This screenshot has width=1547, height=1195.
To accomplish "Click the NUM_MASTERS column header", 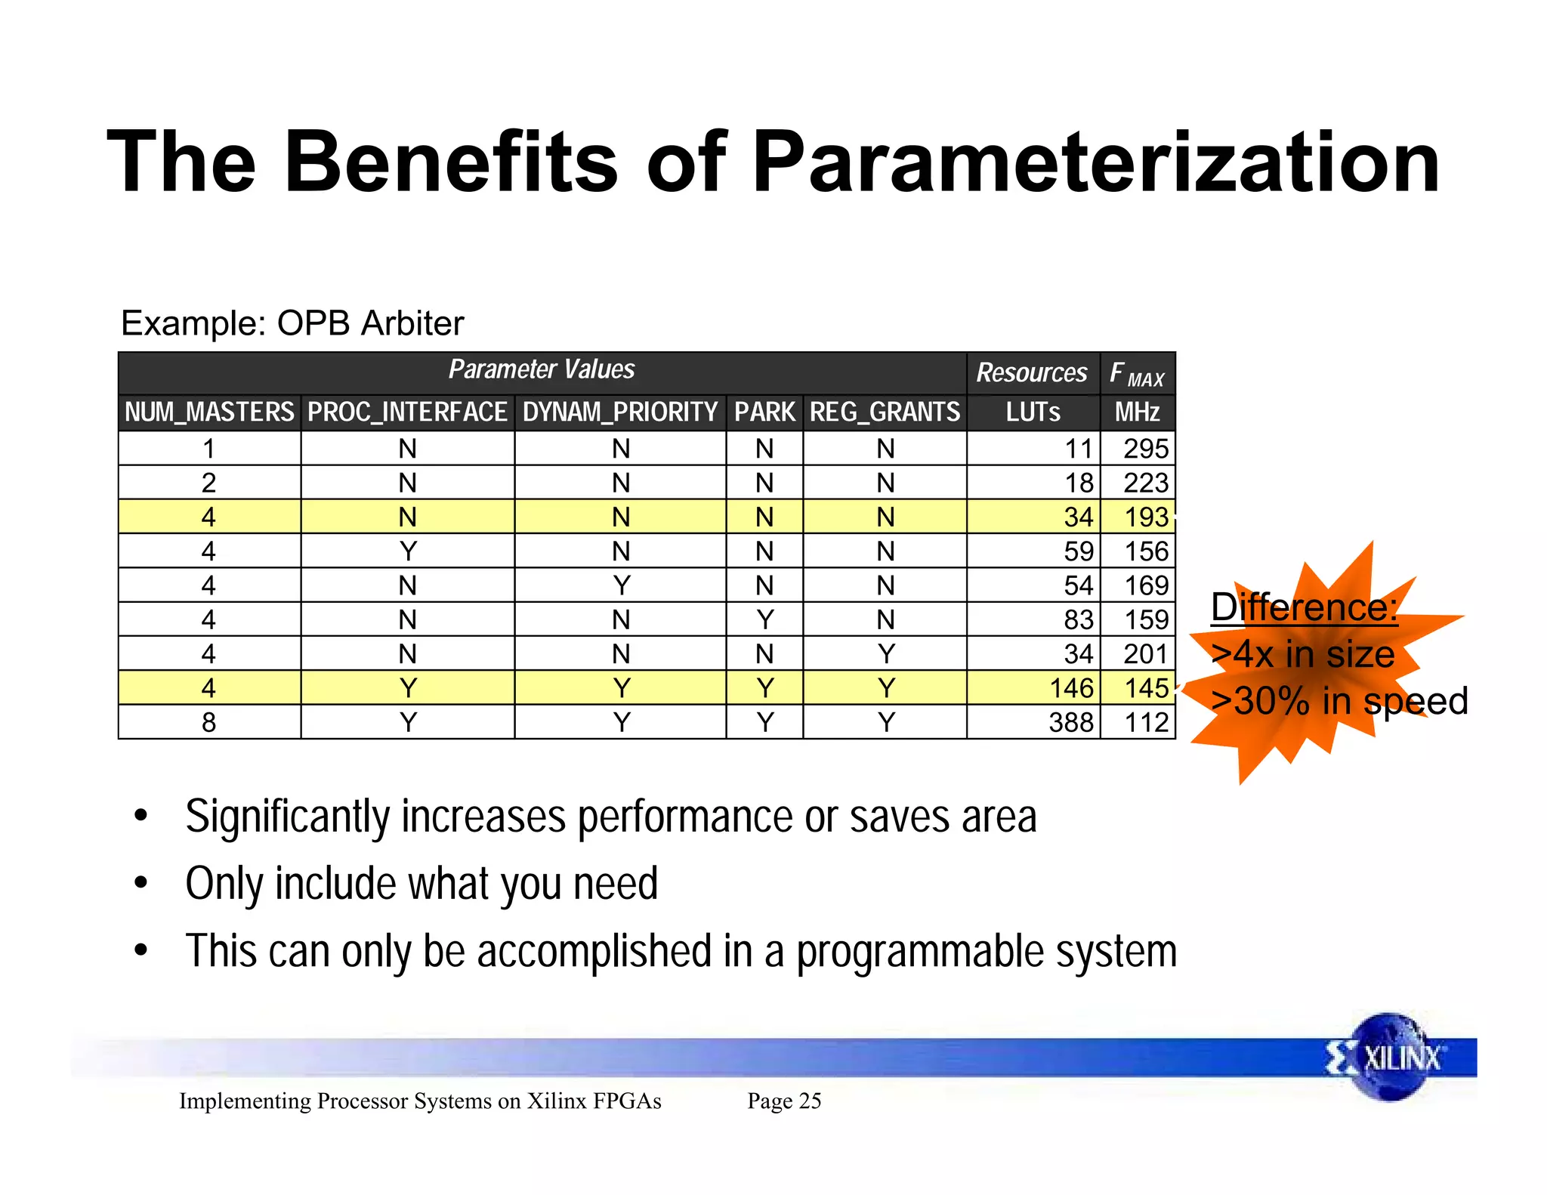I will [209, 412].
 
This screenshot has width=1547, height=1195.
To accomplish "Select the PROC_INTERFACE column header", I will [407, 412].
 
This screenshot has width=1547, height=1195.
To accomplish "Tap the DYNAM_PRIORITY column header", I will [620, 412].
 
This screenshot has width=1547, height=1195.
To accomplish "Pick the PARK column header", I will [764, 412].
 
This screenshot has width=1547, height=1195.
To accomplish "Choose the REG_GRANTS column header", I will [885, 412].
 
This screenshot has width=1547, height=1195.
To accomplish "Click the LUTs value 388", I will [1070, 723].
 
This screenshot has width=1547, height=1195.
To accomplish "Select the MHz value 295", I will [1145, 449].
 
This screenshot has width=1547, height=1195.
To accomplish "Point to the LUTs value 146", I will [1071, 688].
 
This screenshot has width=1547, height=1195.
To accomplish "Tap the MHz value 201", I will [1145, 654].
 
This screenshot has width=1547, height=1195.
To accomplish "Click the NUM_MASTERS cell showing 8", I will [209, 723].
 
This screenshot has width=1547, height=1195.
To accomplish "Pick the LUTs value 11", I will [1079, 449].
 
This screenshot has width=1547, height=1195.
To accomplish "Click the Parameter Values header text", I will [542, 369].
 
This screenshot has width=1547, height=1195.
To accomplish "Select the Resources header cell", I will [1032, 372].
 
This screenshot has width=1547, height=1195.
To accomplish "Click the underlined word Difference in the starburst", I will [1304, 607].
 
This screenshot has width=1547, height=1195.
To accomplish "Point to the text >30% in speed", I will [1339, 701].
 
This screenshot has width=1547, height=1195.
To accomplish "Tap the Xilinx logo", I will [1388, 1058].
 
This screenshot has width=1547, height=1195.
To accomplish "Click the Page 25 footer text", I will [784, 1101].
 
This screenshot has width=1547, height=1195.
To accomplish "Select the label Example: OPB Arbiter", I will [292, 323].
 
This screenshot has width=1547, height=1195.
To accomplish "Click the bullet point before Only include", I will [140, 883].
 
